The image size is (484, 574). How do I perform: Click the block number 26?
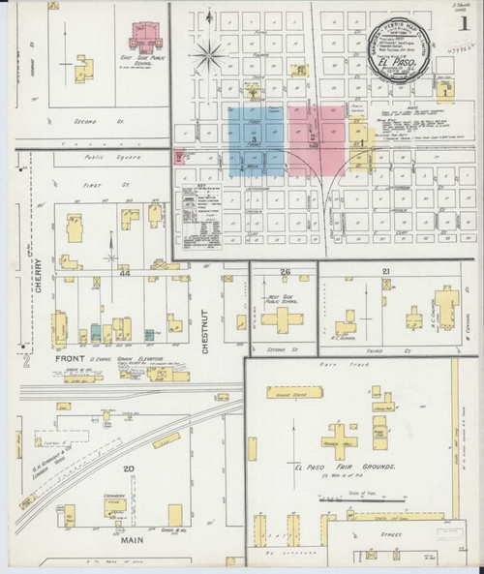click(x=285, y=272)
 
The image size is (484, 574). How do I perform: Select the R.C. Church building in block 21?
click(x=446, y=310)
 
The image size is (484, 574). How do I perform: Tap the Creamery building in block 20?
click(x=117, y=507)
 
